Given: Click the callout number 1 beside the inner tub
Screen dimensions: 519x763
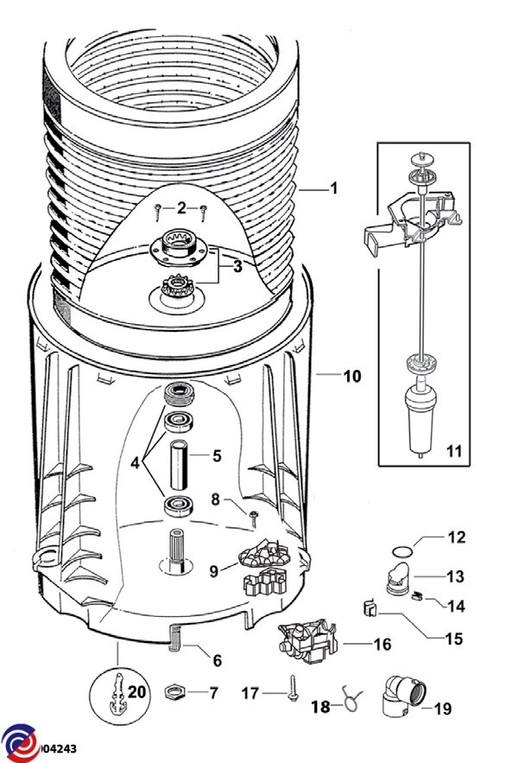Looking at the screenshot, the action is click(x=333, y=188).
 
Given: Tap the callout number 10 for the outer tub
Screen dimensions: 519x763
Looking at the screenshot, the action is click(x=352, y=376).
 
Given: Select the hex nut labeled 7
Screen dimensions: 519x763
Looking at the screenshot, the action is click(x=175, y=691).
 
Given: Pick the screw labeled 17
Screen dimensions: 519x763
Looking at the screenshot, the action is click(x=293, y=688).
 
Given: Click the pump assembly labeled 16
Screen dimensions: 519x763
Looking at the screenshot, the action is click(x=308, y=641).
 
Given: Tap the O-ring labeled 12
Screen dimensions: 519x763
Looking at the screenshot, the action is click(x=402, y=551).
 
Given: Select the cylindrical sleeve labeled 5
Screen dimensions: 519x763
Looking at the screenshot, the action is click(x=179, y=465).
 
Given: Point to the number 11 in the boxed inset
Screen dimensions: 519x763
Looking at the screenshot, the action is click(x=454, y=451).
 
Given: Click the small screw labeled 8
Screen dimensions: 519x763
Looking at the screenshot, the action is click(x=253, y=518).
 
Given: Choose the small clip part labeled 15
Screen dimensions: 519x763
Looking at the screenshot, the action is click(x=370, y=607).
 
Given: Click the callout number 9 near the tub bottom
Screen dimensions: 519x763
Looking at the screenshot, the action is click(x=214, y=571).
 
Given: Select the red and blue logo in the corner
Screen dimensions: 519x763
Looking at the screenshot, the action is click(x=21, y=743).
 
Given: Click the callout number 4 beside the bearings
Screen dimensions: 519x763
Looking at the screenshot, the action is click(x=135, y=462).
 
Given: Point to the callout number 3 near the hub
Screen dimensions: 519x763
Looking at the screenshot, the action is click(x=237, y=266).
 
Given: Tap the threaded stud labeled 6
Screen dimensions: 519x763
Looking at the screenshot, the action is click(x=174, y=639).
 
